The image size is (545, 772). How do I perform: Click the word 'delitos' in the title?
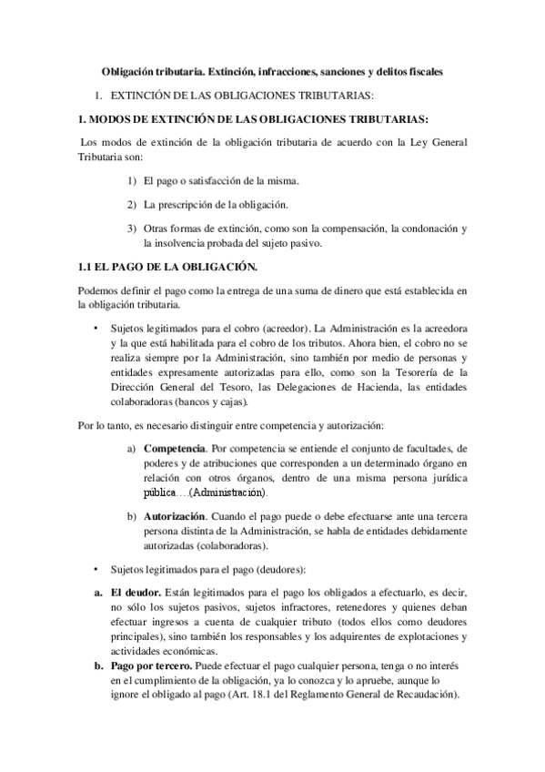396,71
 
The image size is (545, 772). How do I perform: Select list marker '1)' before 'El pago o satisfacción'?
132,181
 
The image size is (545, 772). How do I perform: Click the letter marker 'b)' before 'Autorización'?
133,516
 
